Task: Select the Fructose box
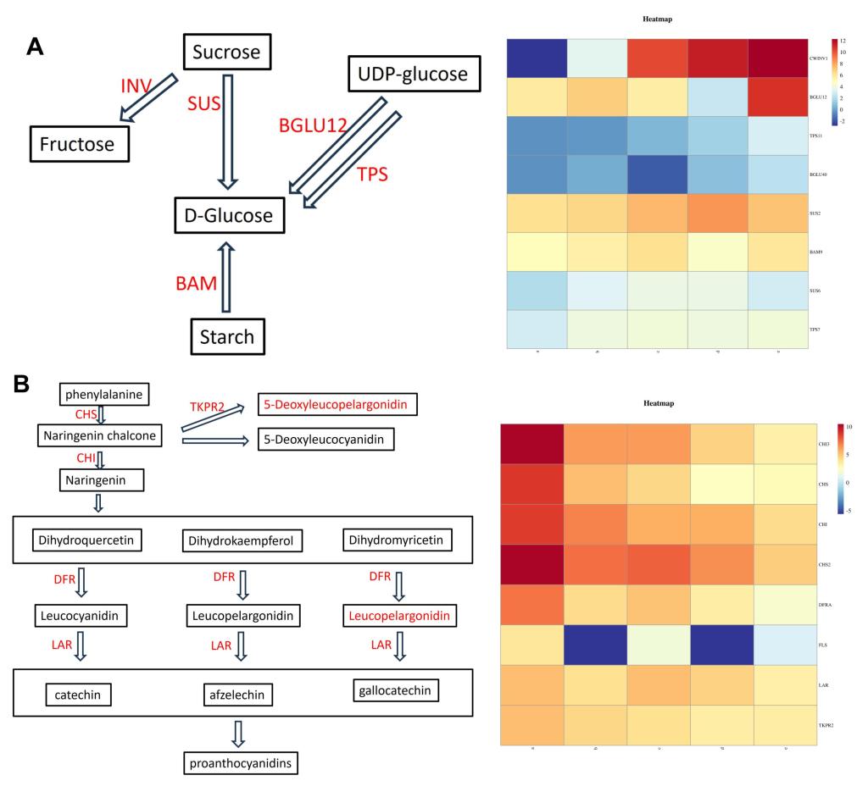click(81, 144)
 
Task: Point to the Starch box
click(226, 336)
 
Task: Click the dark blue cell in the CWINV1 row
click(537, 58)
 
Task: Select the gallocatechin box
click(393, 691)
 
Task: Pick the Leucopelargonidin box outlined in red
click(397, 613)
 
